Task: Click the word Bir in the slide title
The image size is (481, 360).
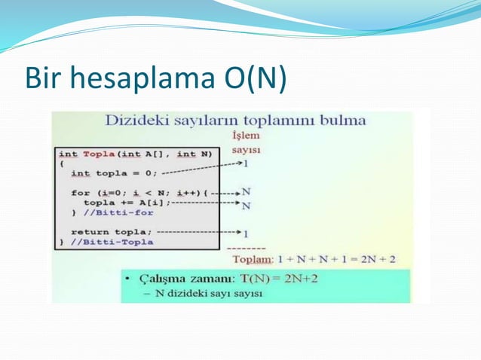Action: point(42,79)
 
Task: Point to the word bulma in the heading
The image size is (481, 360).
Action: point(343,121)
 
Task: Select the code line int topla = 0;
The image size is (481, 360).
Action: point(114,172)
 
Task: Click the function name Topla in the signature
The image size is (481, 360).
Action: point(99,154)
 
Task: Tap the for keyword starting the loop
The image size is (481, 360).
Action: point(80,192)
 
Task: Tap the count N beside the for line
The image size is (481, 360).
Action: point(247,192)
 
